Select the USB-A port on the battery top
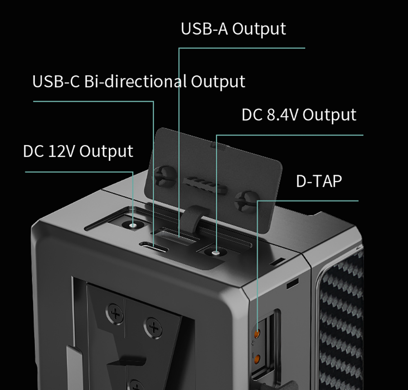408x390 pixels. pyautogui.click(x=178, y=237)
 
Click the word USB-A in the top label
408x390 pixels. pyautogui.click(x=205, y=29)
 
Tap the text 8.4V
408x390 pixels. pyautogui.click(x=282, y=115)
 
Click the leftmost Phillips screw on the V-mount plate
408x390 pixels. pyautogui.click(x=116, y=313)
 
